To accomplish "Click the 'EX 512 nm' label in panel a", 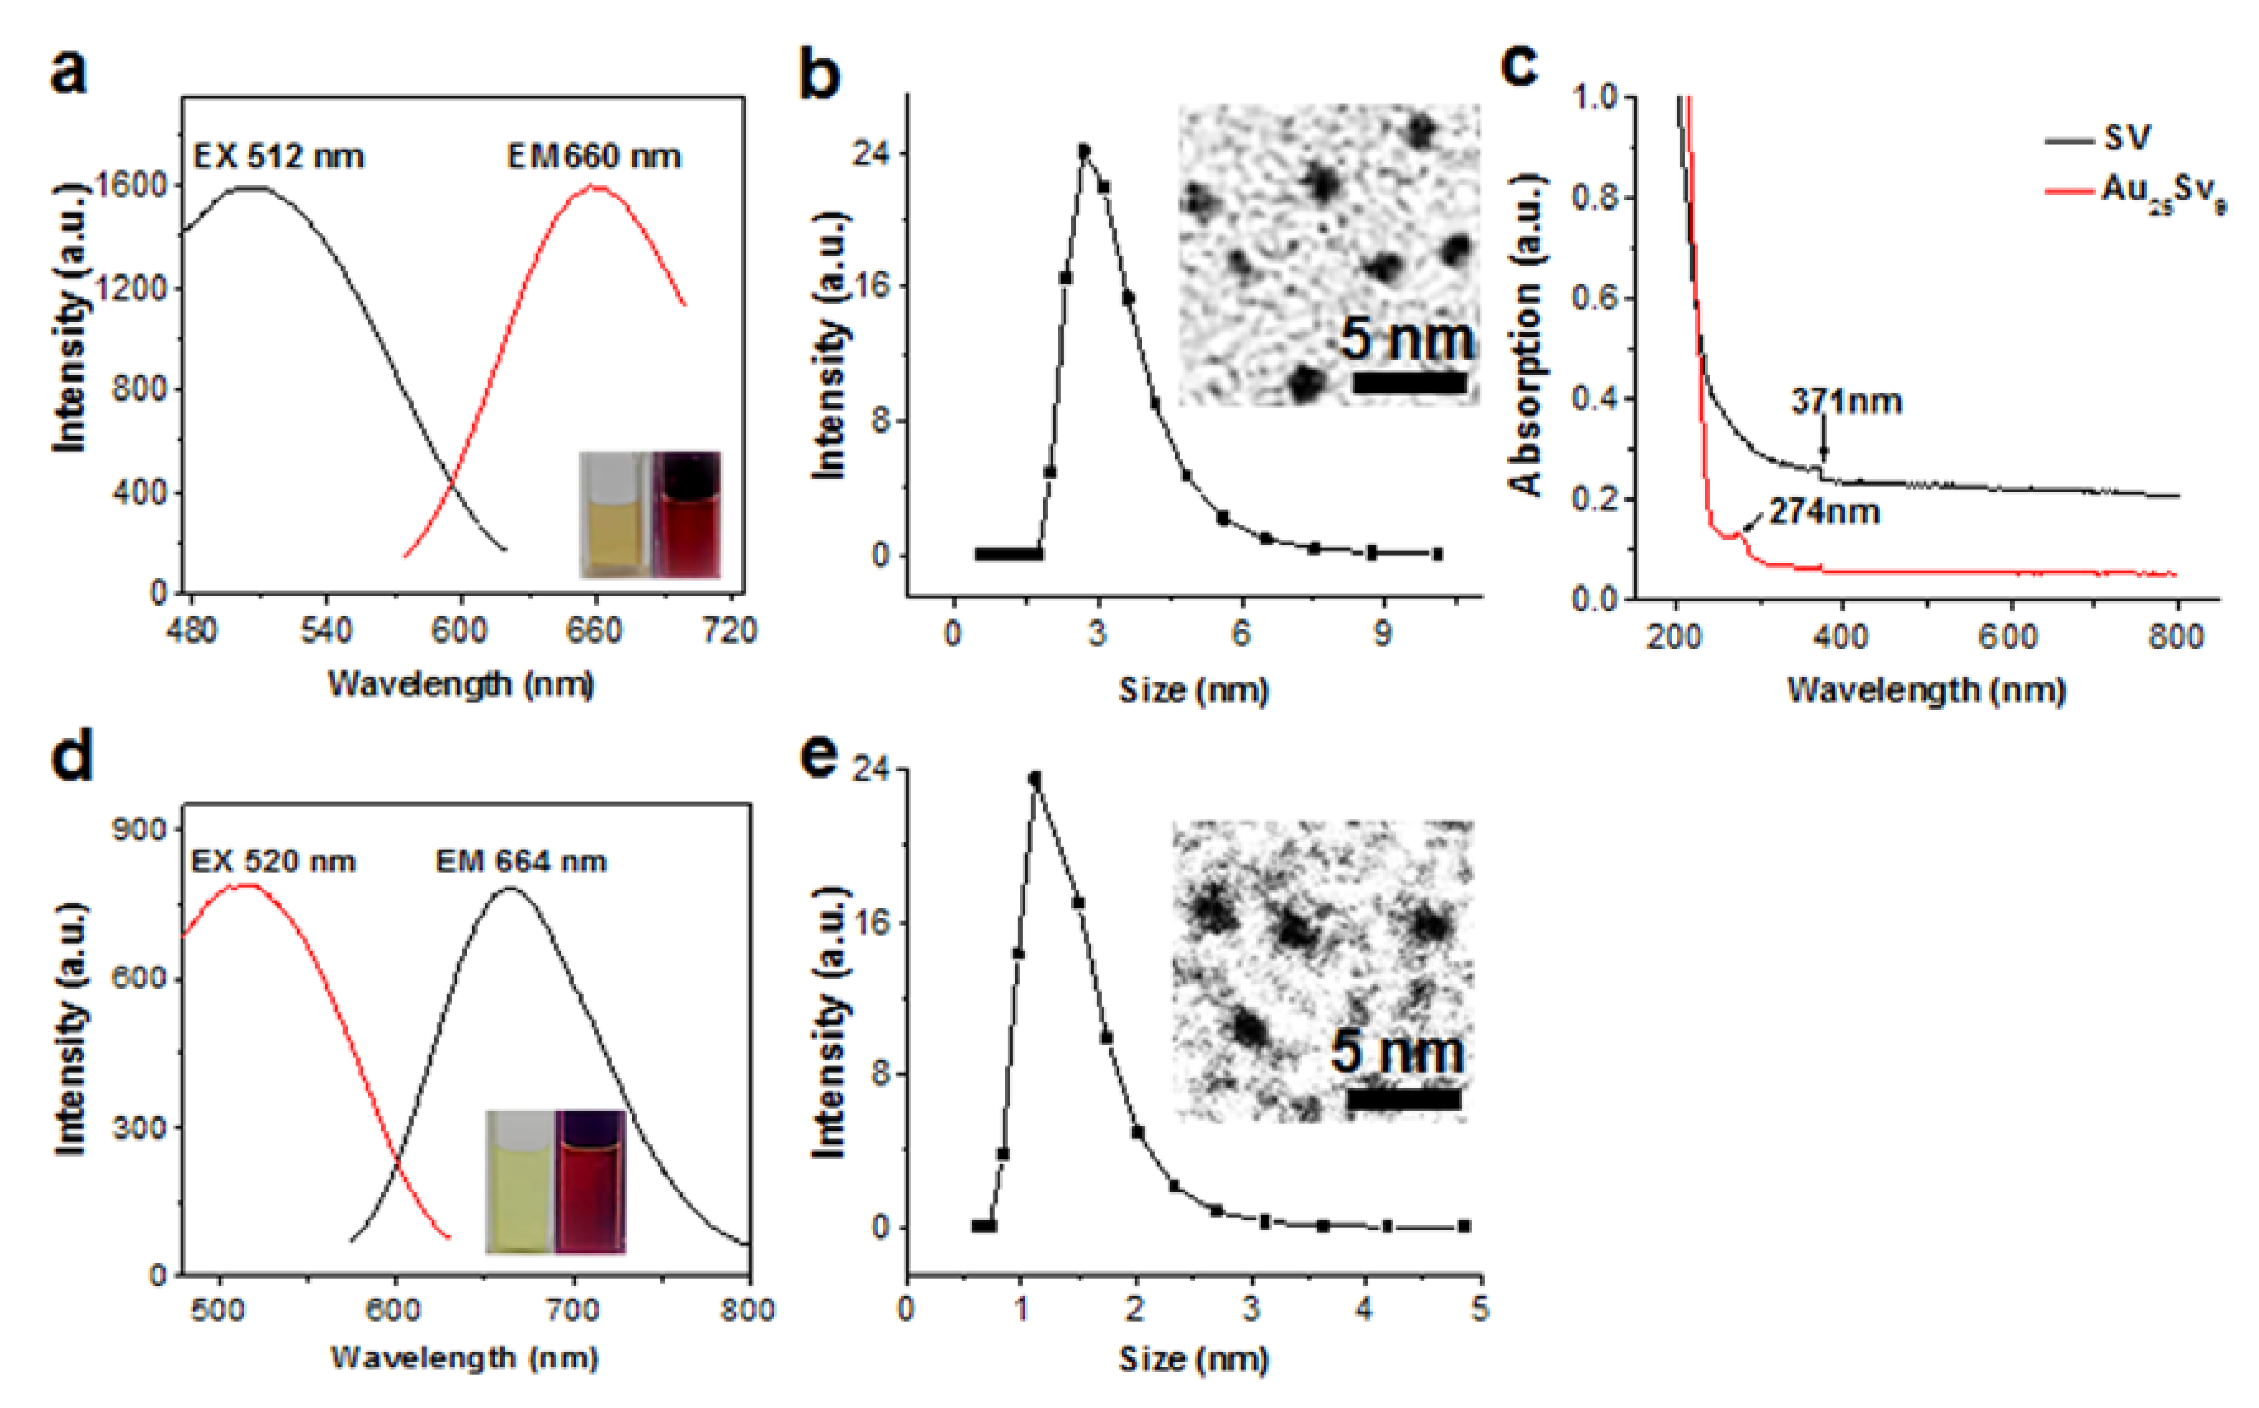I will [278, 157].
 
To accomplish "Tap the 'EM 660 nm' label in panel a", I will [594, 157].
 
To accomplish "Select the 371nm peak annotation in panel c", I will [1846, 402].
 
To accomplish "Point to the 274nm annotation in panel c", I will [1824, 512].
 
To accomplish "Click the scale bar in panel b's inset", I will [1409, 382].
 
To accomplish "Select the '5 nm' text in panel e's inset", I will [1396, 1052].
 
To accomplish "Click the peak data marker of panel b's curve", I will [1084, 150].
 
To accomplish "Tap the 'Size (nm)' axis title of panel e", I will [1194, 1360].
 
